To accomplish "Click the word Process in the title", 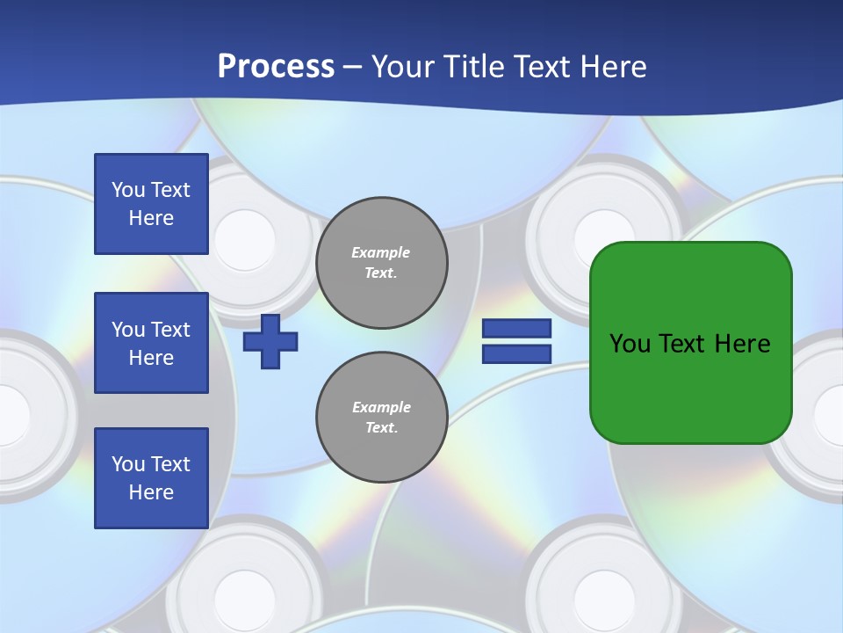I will [276, 67].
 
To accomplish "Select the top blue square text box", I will [151, 204].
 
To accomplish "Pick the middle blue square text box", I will [151, 343].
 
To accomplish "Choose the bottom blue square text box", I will [151, 478].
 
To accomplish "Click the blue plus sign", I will [270, 341].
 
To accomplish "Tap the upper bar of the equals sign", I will [516, 329].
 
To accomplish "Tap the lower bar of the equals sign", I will [516, 353].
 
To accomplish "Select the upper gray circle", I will [382, 263].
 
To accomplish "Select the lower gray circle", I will [382, 418].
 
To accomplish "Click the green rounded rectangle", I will [691, 343].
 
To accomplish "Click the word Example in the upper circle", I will [381, 252].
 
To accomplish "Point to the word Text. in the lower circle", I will [381, 428].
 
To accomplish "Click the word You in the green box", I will [630, 344].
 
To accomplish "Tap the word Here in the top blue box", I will [151, 218].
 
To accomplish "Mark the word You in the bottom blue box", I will [129, 464].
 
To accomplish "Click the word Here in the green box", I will [742, 344].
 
